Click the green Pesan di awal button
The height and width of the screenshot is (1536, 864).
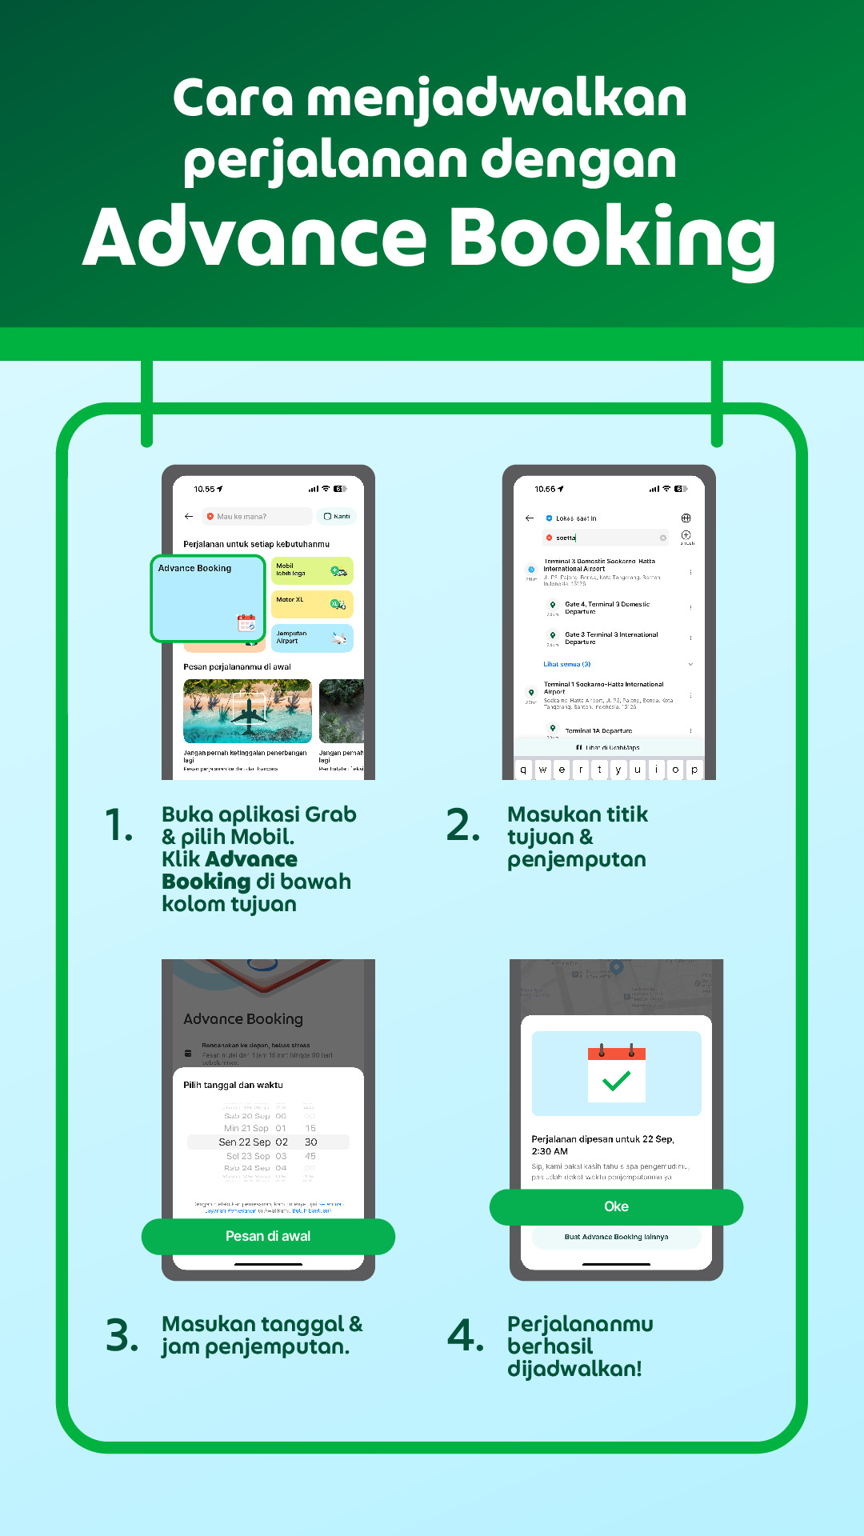pyautogui.click(x=268, y=1237)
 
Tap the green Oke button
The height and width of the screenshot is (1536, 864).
pyautogui.click(x=616, y=1207)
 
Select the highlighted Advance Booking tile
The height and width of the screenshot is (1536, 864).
pyautogui.click(x=207, y=598)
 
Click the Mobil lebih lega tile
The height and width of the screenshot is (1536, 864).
pyautogui.click(x=312, y=570)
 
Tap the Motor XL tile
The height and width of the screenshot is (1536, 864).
pyautogui.click(x=312, y=604)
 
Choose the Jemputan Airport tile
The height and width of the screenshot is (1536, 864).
pyautogui.click(x=312, y=638)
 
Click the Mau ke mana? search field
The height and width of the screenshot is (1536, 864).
pyautogui.click(x=256, y=517)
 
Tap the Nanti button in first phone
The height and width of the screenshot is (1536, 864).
pyautogui.click(x=337, y=517)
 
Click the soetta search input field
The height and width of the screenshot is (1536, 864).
pyautogui.click(x=606, y=538)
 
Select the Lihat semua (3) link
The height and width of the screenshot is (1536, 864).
pyautogui.click(x=567, y=664)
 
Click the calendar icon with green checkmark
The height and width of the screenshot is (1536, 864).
pyautogui.click(x=616, y=1074)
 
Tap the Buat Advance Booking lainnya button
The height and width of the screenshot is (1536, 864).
pyautogui.click(x=616, y=1237)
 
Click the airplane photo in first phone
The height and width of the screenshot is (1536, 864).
pyautogui.click(x=247, y=711)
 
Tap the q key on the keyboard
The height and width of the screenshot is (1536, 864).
pyautogui.click(x=523, y=770)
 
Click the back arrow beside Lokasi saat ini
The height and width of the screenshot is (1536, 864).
pyautogui.click(x=530, y=518)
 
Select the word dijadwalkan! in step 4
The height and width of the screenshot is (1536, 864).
pyautogui.click(x=574, y=1369)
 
